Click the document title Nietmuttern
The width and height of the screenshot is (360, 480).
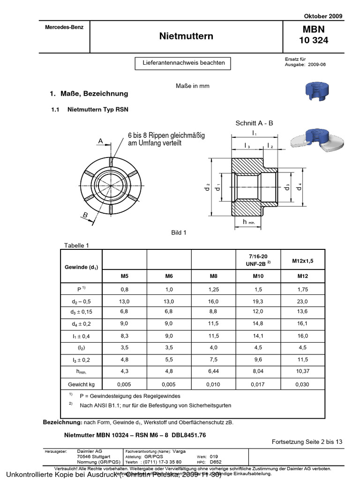(186, 36)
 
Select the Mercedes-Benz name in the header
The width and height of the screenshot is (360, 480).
(64, 27)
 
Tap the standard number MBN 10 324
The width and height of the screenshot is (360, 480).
(313, 36)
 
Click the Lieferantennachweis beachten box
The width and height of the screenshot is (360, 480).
(180, 63)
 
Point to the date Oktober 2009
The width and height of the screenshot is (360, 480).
(324, 16)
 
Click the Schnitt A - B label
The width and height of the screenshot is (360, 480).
(254, 123)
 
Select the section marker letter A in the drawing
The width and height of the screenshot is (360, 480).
(100, 141)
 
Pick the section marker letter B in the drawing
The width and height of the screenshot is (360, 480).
(85, 215)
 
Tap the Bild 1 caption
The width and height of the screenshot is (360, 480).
(179, 232)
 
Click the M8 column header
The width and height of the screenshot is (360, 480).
(213, 277)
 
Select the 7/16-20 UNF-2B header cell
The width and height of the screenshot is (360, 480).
(258, 260)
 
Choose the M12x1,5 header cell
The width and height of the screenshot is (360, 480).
(302, 261)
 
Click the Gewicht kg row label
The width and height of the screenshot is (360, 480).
(81, 384)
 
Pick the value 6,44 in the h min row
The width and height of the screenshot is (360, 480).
(213, 372)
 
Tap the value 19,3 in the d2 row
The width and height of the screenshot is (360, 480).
(258, 301)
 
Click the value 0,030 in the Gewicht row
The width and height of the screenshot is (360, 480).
(302, 384)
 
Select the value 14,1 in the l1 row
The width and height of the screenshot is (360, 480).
(258, 336)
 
